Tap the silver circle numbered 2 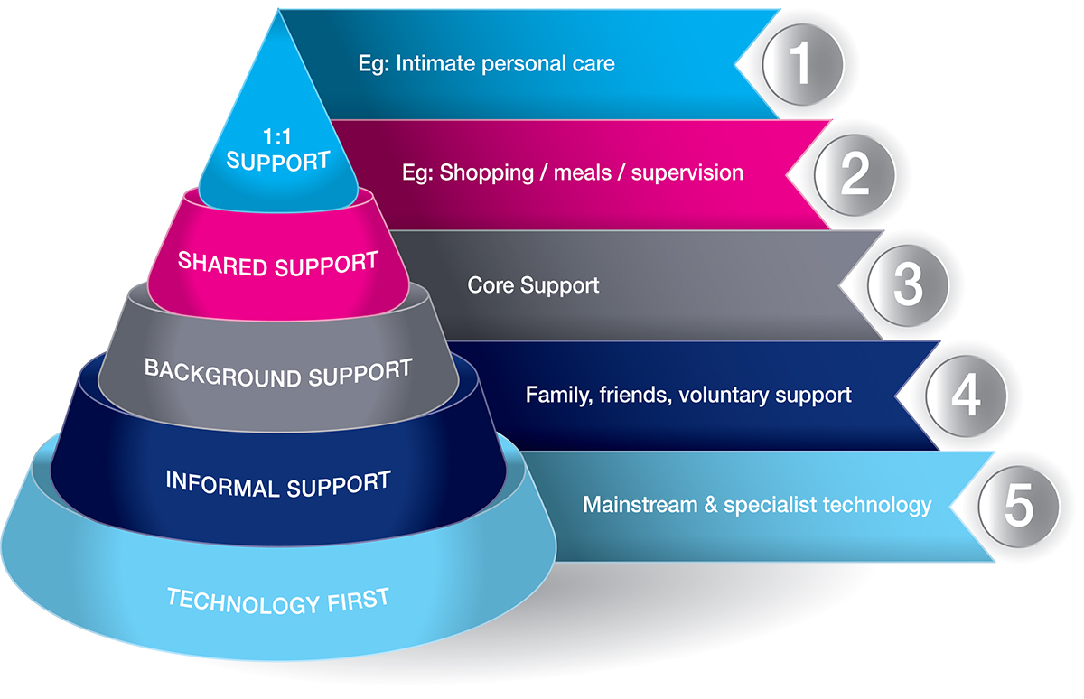[x=855, y=174]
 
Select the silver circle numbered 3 [x=907, y=284]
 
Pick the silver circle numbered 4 [x=966, y=396]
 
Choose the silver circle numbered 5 [x=1017, y=506]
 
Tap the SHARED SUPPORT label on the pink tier [x=277, y=263]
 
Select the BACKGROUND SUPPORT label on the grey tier [x=278, y=371]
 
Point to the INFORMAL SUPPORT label [x=278, y=484]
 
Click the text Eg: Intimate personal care [x=486, y=63]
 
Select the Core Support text [x=533, y=285]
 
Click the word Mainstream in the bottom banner [x=639, y=504]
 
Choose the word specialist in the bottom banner [x=770, y=505]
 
